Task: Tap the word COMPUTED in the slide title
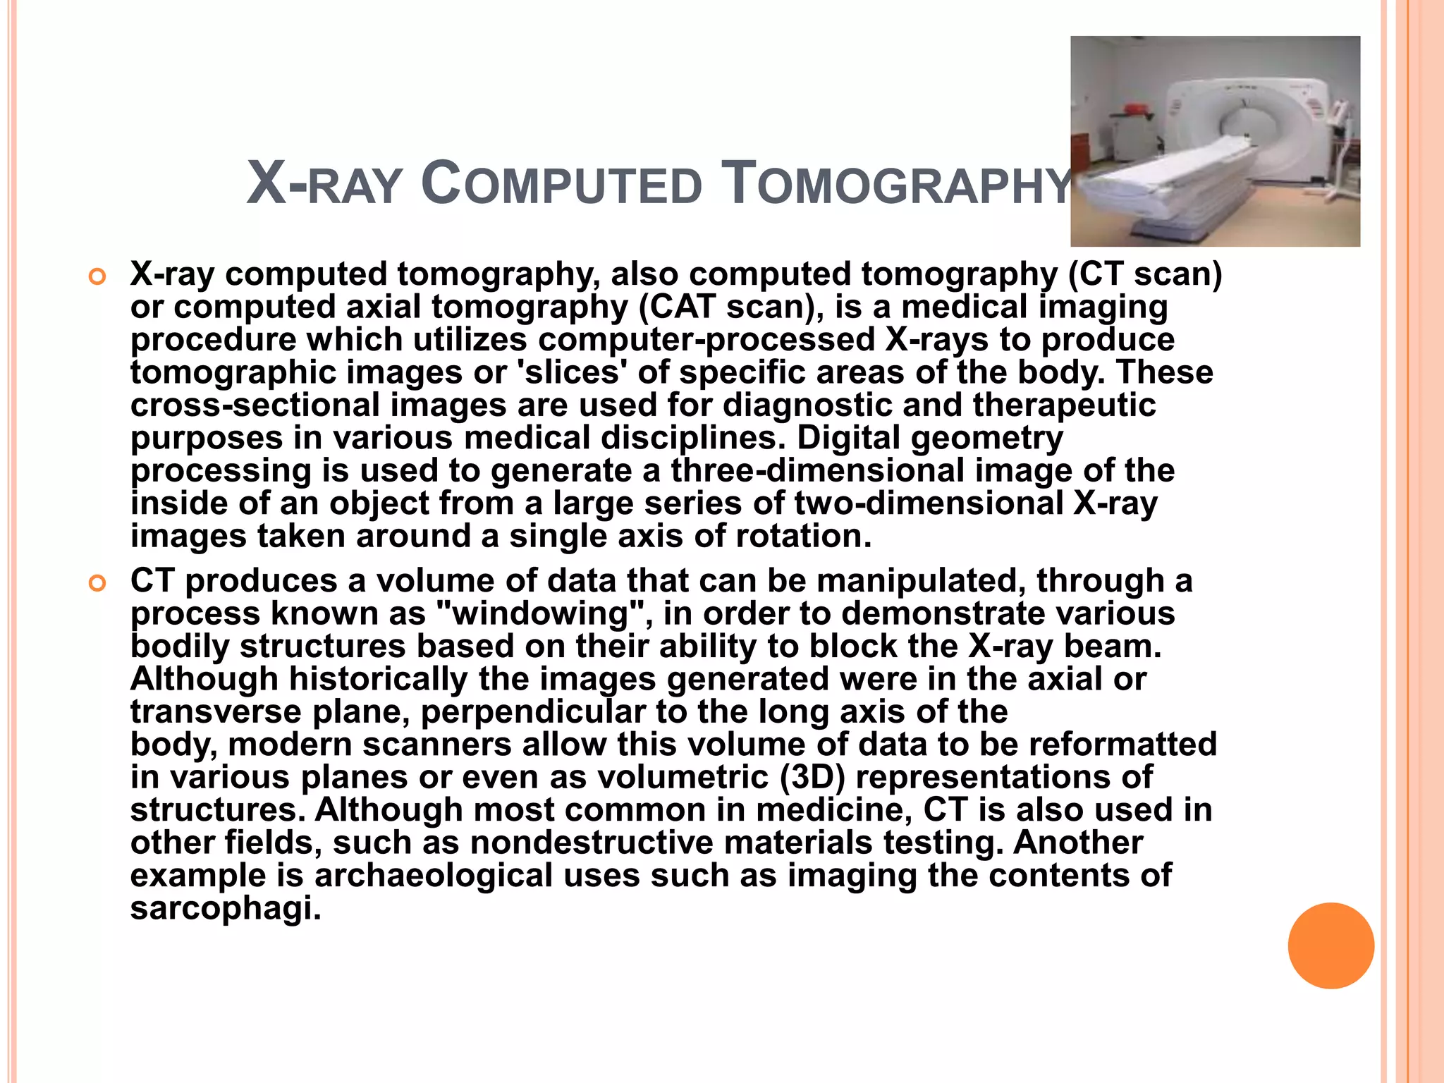[561, 185]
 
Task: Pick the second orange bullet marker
[97, 584]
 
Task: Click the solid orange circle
[1330, 946]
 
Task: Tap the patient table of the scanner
[1170, 176]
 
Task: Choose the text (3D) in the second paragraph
[812, 777]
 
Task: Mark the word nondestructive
[592, 843]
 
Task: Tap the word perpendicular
[533, 711]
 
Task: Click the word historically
[378, 679]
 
